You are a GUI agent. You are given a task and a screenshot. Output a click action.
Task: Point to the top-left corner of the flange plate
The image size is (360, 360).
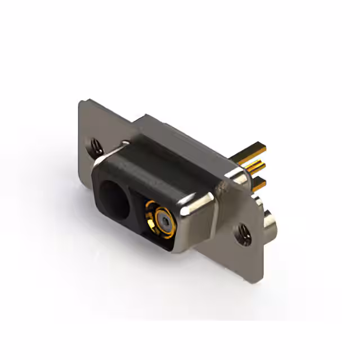click(82, 103)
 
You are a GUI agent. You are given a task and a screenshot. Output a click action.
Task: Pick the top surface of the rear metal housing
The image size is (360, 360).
click(186, 135)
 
